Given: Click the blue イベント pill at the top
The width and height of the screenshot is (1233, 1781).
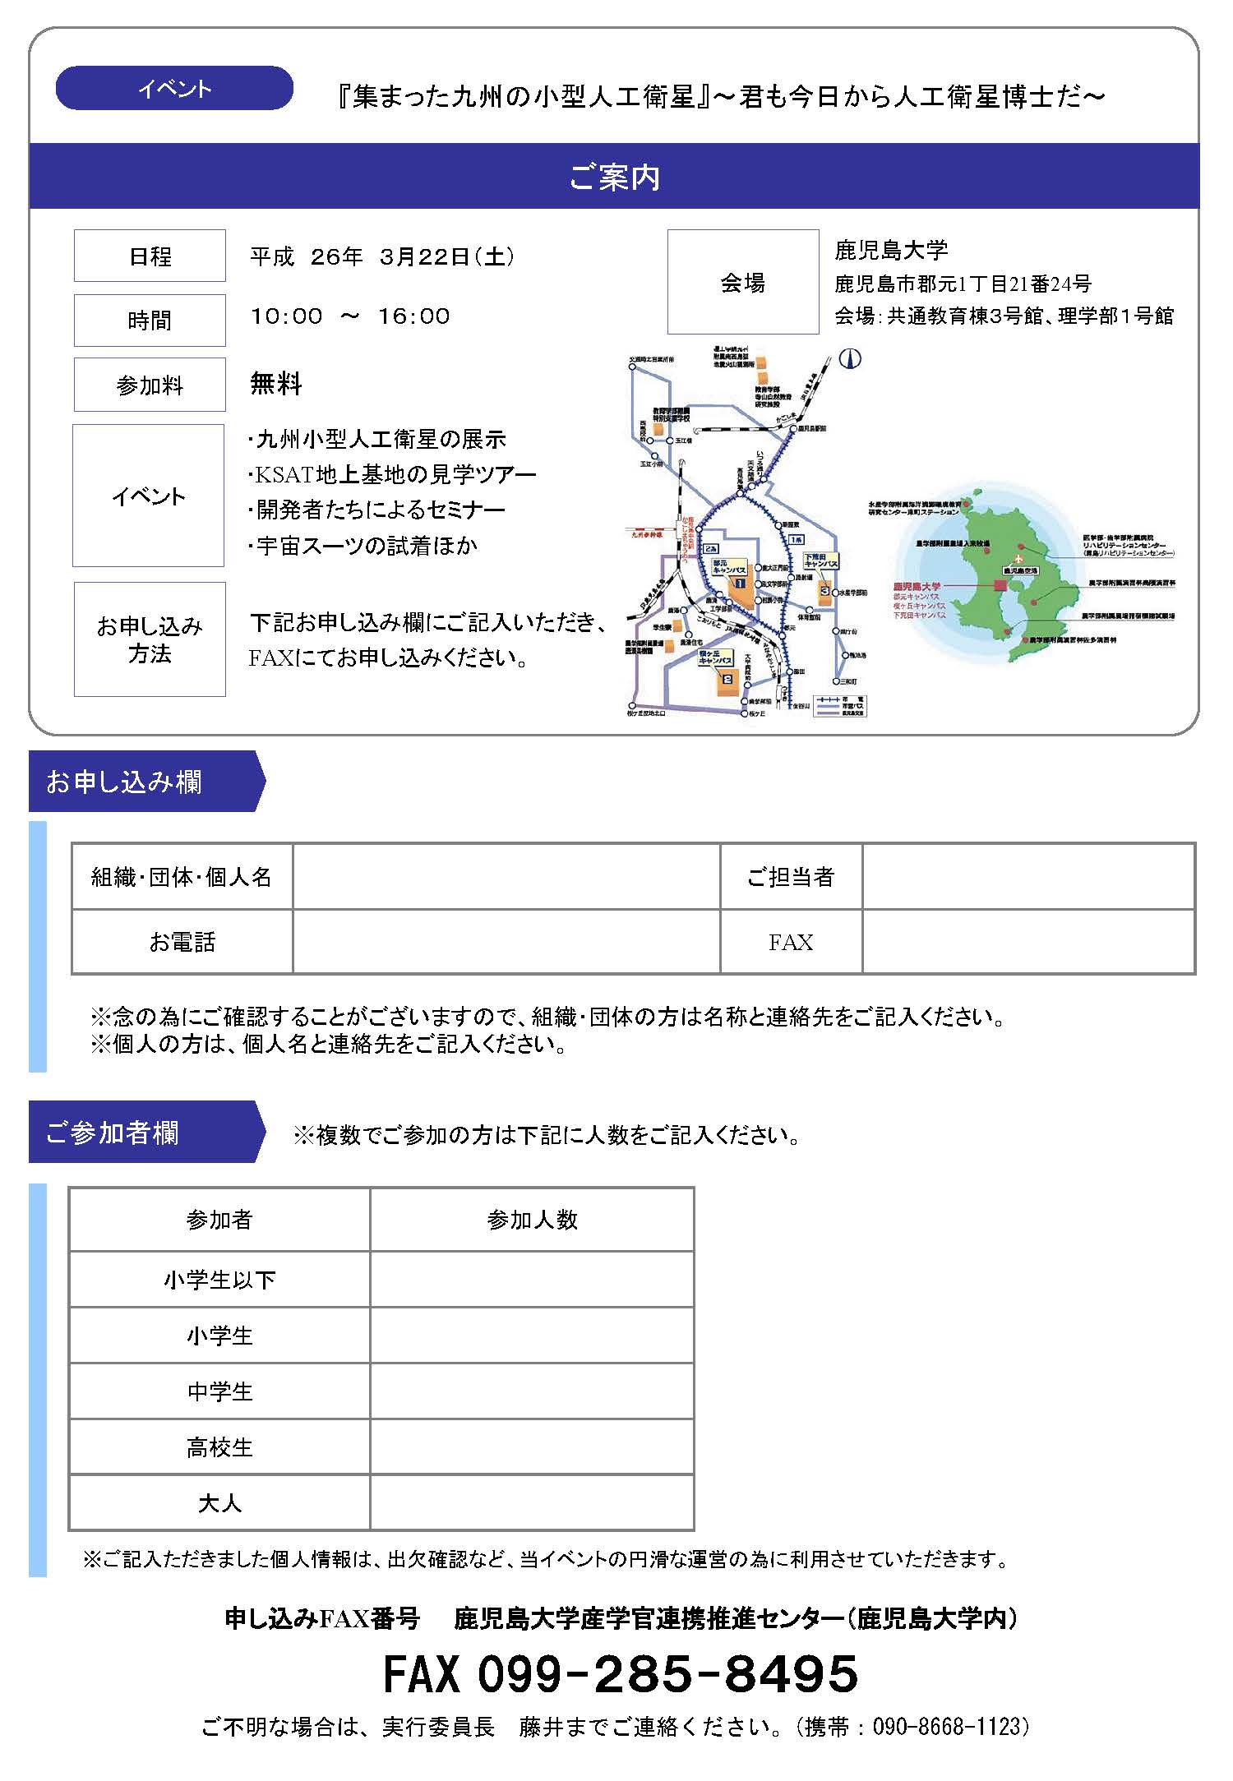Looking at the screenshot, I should (x=174, y=89).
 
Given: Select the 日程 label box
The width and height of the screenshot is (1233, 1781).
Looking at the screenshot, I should (x=150, y=256).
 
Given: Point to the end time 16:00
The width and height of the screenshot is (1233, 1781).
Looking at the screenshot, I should (x=413, y=316).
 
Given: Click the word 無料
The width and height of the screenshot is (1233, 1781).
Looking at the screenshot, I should (x=276, y=384).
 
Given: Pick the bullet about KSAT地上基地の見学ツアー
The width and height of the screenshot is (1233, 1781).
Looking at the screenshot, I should (x=392, y=474).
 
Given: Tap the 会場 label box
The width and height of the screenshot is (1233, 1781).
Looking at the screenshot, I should (x=743, y=283).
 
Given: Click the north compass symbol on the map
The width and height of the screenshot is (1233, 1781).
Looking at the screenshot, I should (x=850, y=358).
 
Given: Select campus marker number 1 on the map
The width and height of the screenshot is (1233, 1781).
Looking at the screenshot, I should (x=740, y=583).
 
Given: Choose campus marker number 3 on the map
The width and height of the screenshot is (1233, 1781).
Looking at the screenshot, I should (x=824, y=590).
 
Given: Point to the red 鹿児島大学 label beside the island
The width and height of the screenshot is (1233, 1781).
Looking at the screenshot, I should (x=917, y=587).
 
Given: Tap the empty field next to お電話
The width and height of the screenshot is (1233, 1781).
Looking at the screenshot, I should (x=506, y=942).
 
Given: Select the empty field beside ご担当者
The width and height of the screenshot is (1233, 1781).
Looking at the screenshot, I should (x=1027, y=877).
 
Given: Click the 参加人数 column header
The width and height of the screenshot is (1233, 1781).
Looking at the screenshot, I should (x=532, y=1220).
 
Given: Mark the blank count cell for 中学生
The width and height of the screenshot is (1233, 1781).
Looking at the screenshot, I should (x=532, y=1391).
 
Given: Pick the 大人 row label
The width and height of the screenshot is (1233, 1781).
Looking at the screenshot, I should (x=219, y=1503).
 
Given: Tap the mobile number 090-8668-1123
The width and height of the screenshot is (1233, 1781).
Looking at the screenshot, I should (x=950, y=1727).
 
